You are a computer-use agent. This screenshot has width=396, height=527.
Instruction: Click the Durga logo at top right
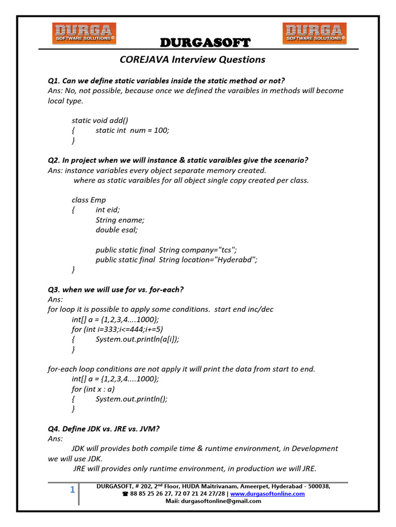pyautogui.click(x=314, y=33)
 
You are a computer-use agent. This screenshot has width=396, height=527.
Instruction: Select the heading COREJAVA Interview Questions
pyautogui.click(x=192, y=59)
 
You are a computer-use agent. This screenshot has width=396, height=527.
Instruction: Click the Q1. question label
pyautogui.click(x=54, y=81)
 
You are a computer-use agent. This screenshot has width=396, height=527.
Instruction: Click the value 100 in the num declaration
pyautogui.click(x=161, y=130)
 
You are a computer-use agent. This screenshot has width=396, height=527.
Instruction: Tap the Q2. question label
pyautogui.click(x=54, y=161)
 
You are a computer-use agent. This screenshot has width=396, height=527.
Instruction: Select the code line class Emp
pyautogui.click(x=89, y=200)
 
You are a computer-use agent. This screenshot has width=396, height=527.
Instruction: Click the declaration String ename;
pyautogui.click(x=120, y=220)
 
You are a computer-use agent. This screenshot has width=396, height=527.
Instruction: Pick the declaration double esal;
pyautogui.click(x=117, y=230)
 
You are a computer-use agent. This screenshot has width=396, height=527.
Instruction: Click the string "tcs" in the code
pyautogui.click(x=225, y=250)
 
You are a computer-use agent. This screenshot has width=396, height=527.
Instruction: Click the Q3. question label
pyautogui.click(x=54, y=290)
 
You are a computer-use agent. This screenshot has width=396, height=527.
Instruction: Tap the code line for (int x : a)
pyautogui.click(x=93, y=389)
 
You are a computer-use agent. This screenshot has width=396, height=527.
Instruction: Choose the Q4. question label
pyautogui.click(x=54, y=429)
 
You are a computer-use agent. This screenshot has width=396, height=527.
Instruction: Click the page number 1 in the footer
pyautogui.click(x=73, y=490)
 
